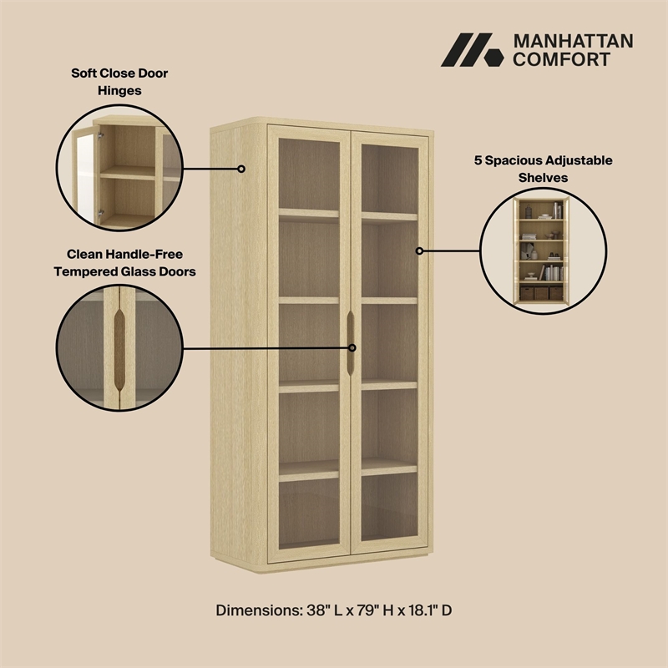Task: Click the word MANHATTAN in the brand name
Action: (x=573, y=41)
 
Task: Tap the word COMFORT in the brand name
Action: (x=561, y=59)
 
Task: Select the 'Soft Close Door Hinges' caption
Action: (x=119, y=82)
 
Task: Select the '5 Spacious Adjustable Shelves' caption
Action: (x=544, y=168)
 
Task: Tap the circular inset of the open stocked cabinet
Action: (x=542, y=250)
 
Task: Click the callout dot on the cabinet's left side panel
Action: (x=241, y=169)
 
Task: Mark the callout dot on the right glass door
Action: (x=419, y=250)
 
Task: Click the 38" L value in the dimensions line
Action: (x=324, y=610)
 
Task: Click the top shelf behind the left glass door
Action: (x=308, y=215)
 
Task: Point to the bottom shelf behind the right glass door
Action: (x=389, y=468)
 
